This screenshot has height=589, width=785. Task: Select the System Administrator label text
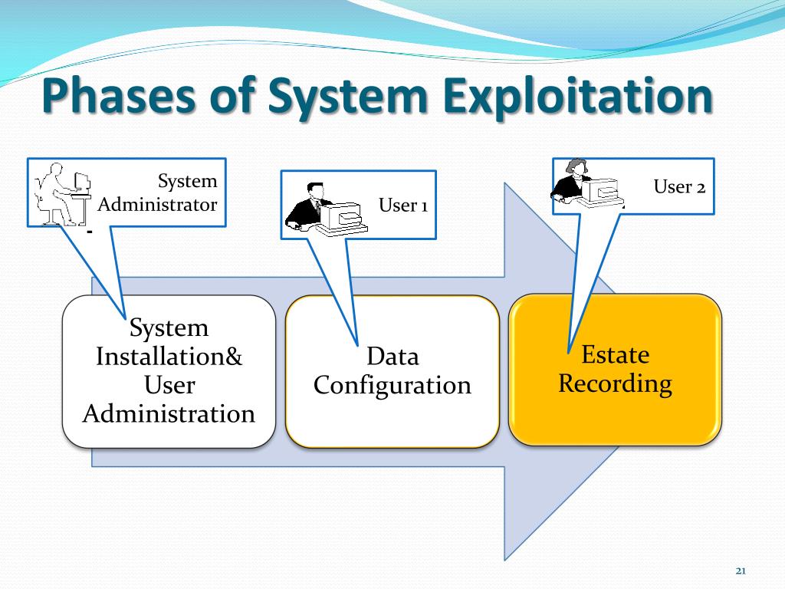click(x=158, y=193)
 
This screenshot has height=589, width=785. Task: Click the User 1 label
click(x=403, y=206)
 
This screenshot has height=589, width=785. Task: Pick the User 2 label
click(x=679, y=186)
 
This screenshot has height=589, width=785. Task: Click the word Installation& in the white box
click(x=169, y=357)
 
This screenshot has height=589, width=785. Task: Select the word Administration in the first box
click(x=169, y=414)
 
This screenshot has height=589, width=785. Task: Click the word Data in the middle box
click(x=392, y=357)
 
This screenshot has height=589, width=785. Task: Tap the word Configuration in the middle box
click(x=392, y=385)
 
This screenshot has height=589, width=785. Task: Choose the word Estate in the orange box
click(x=615, y=354)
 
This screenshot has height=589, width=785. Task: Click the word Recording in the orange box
click(x=615, y=383)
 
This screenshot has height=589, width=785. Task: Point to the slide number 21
click(x=741, y=570)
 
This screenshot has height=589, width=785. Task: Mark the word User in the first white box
click(x=169, y=385)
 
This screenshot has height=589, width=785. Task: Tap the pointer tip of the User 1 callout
click(x=356, y=344)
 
